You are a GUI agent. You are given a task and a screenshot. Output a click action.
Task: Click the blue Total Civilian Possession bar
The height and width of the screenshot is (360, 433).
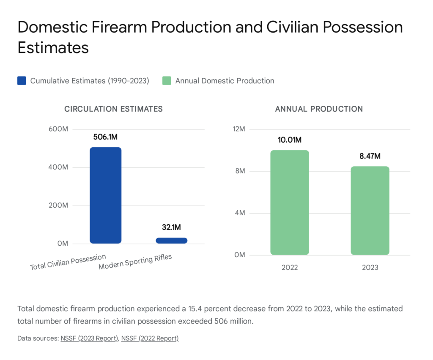pos(105,195)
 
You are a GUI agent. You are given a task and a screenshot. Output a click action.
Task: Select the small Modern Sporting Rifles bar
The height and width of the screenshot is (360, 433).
pos(171,240)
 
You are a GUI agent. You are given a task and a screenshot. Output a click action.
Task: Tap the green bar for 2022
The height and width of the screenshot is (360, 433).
pos(290,202)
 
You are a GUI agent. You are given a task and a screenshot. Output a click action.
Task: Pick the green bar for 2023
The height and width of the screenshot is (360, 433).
pos(370,210)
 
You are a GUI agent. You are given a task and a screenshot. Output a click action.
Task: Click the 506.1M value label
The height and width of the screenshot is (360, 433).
pos(105,137)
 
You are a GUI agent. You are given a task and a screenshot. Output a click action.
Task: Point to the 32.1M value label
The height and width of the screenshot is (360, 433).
pos(171,228)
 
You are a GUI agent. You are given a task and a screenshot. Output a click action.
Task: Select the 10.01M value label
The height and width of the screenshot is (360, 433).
pos(290,140)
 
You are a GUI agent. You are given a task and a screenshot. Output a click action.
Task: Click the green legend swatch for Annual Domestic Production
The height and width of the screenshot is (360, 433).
pos(167,81)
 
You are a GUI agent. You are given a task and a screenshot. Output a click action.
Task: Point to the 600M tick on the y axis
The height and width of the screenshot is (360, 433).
pos(58,129)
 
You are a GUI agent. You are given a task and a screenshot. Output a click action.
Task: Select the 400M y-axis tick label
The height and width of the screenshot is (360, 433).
pos(58,168)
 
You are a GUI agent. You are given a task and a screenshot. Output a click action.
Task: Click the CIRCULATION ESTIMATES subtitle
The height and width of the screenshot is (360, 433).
pos(113,109)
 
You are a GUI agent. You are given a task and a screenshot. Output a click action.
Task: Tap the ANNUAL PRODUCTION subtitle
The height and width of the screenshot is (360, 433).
pos(319,109)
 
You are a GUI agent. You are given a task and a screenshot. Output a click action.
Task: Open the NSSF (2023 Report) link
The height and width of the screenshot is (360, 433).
pos(89,338)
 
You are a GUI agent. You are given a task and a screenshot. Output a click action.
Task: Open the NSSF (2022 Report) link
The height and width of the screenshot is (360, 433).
pos(150,338)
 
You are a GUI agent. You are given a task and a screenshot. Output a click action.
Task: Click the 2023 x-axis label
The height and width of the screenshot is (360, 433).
pos(370,268)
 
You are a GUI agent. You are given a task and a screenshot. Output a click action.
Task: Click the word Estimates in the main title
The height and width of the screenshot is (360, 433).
pos(53,47)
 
